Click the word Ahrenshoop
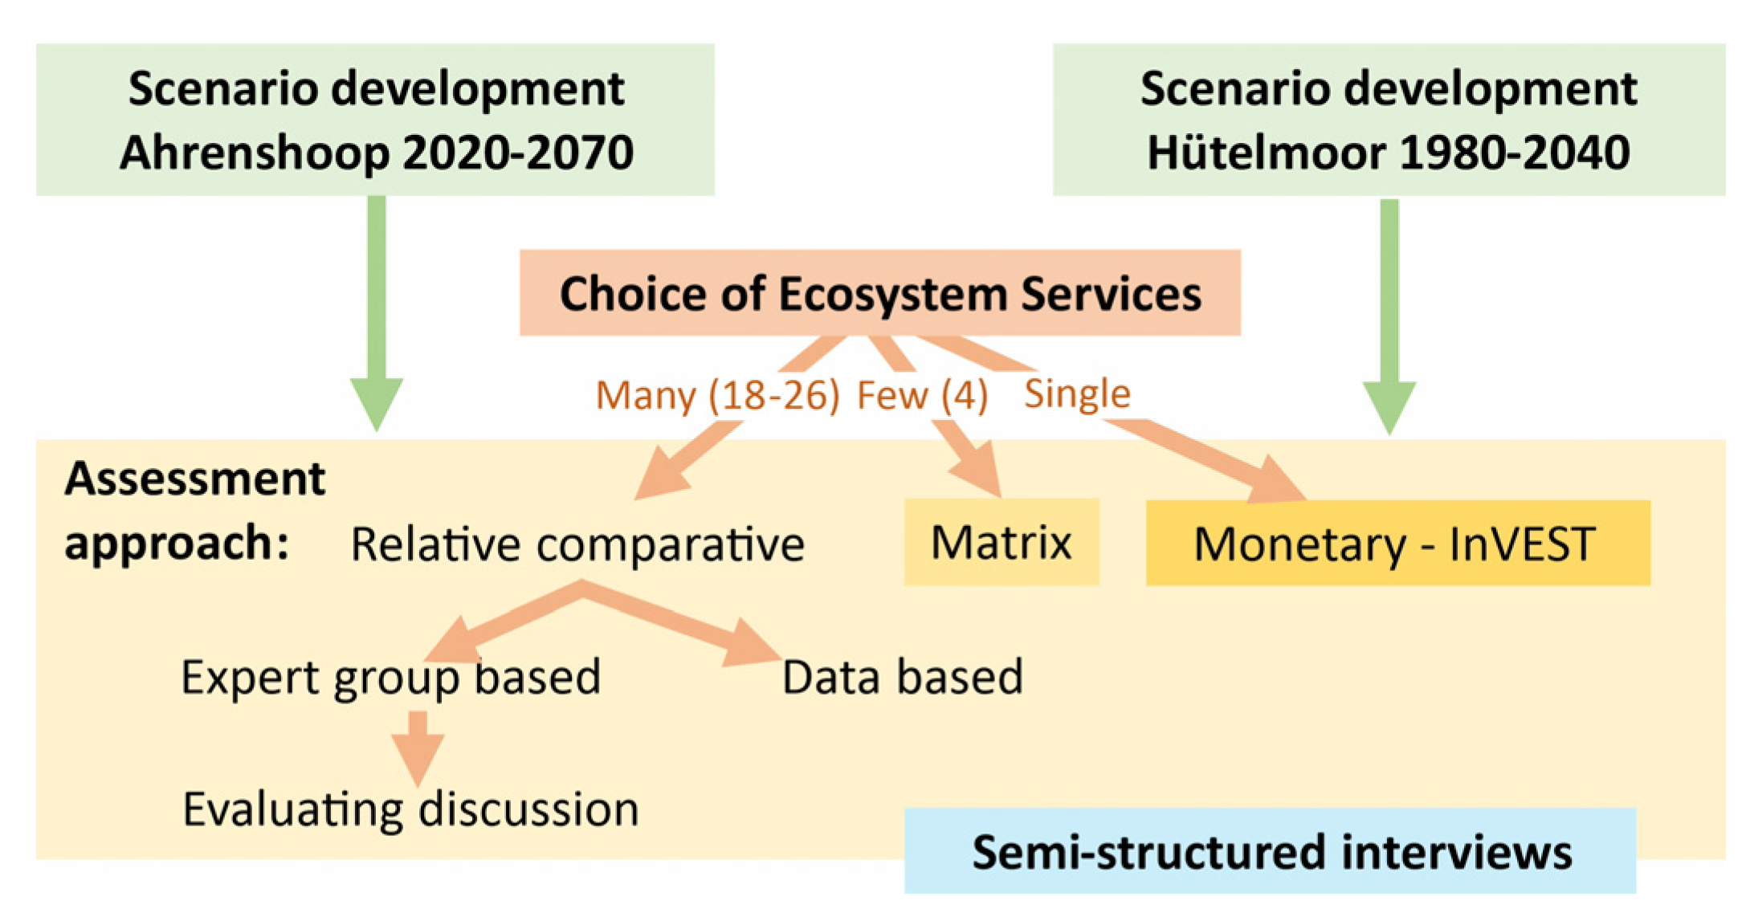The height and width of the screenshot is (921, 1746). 255,153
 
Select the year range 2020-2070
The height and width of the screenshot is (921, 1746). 519,152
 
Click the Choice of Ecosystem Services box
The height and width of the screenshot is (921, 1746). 879,292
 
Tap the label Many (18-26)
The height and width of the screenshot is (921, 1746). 717,395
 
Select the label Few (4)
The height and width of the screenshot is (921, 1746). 922,395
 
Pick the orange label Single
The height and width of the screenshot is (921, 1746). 1077,394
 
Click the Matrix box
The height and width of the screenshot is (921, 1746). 1002,542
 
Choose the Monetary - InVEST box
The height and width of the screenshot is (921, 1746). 1397,543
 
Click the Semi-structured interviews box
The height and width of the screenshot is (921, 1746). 1270,850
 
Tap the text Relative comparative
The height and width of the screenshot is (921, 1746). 577,544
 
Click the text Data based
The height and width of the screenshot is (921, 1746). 903,677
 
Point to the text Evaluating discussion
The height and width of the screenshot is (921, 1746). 410,809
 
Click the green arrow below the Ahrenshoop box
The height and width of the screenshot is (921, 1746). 377,313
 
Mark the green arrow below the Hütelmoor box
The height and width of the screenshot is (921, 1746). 1389,316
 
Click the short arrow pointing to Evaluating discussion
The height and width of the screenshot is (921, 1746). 418,748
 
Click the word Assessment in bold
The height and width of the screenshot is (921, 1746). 195,479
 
